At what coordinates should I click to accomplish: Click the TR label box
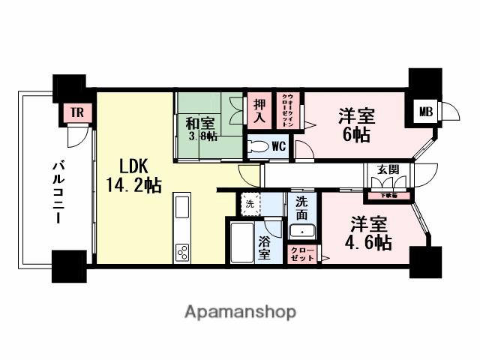pos(76,113)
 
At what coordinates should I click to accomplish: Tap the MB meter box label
pos(425,112)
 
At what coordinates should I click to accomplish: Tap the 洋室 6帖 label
pos(356,125)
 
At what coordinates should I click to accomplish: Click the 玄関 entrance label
pos(387,169)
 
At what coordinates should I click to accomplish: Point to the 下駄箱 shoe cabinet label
pos(387,196)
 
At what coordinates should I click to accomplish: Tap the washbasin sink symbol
pos(301,232)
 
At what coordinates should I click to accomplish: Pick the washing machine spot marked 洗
pos(248,202)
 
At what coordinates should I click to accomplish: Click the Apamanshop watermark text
pos(239,310)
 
